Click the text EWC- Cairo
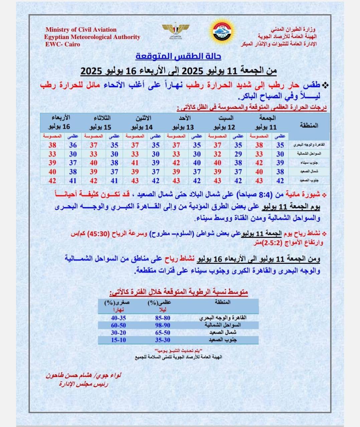(63, 44)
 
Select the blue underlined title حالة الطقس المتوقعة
(178, 56)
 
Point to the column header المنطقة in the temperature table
(309, 125)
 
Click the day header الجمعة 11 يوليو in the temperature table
(267, 122)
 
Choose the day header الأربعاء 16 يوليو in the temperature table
(60, 122)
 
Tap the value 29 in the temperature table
(238, 154)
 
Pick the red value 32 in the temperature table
(217, 154)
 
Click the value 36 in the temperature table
(73, 145)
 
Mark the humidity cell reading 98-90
(163, 325)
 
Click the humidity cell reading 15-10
(119, 340)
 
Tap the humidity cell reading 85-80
(163, 318)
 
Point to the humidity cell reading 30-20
(119, 333)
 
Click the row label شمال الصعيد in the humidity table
(223, 333)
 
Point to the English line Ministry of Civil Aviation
(81, 30)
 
